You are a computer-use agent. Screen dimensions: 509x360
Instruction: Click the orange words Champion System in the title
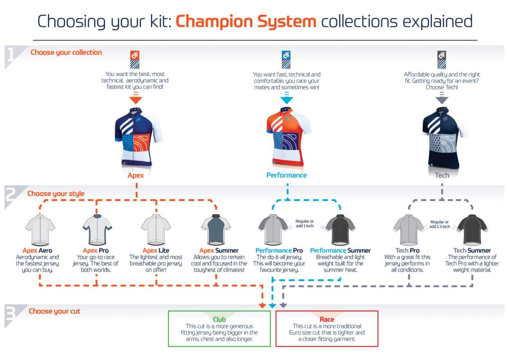point(246,21)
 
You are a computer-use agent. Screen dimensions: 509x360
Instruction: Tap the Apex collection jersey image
point(138,137)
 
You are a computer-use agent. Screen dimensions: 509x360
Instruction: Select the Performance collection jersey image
point(288,137)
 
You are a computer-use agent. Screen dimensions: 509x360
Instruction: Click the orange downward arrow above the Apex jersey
point(136,98)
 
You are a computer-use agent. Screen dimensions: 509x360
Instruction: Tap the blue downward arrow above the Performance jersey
point(287,98)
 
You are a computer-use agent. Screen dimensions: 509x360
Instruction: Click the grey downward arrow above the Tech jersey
point(442,98)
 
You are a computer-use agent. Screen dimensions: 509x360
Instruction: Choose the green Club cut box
point(219,329)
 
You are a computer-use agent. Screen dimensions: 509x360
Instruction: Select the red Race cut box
point(327,329)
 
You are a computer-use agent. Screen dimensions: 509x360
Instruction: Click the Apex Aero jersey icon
point(40,230)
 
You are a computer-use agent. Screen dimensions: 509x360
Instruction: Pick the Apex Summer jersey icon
point(216,229)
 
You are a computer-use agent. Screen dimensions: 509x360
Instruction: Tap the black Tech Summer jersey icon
point(472,230)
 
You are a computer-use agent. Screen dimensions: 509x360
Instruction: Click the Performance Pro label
point(279,251)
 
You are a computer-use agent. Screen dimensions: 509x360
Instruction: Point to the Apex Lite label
point(156,251)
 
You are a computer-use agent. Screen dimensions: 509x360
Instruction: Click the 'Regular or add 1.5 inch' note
point(439,224)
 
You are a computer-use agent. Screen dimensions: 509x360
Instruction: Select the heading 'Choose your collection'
point(66,53)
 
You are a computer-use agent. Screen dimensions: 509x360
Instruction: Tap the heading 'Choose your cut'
point(55,311)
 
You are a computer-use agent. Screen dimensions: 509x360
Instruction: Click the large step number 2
point(11,195)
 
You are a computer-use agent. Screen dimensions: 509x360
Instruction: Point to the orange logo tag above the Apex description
point(135,60)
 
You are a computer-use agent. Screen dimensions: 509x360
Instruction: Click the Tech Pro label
point(408,251)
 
